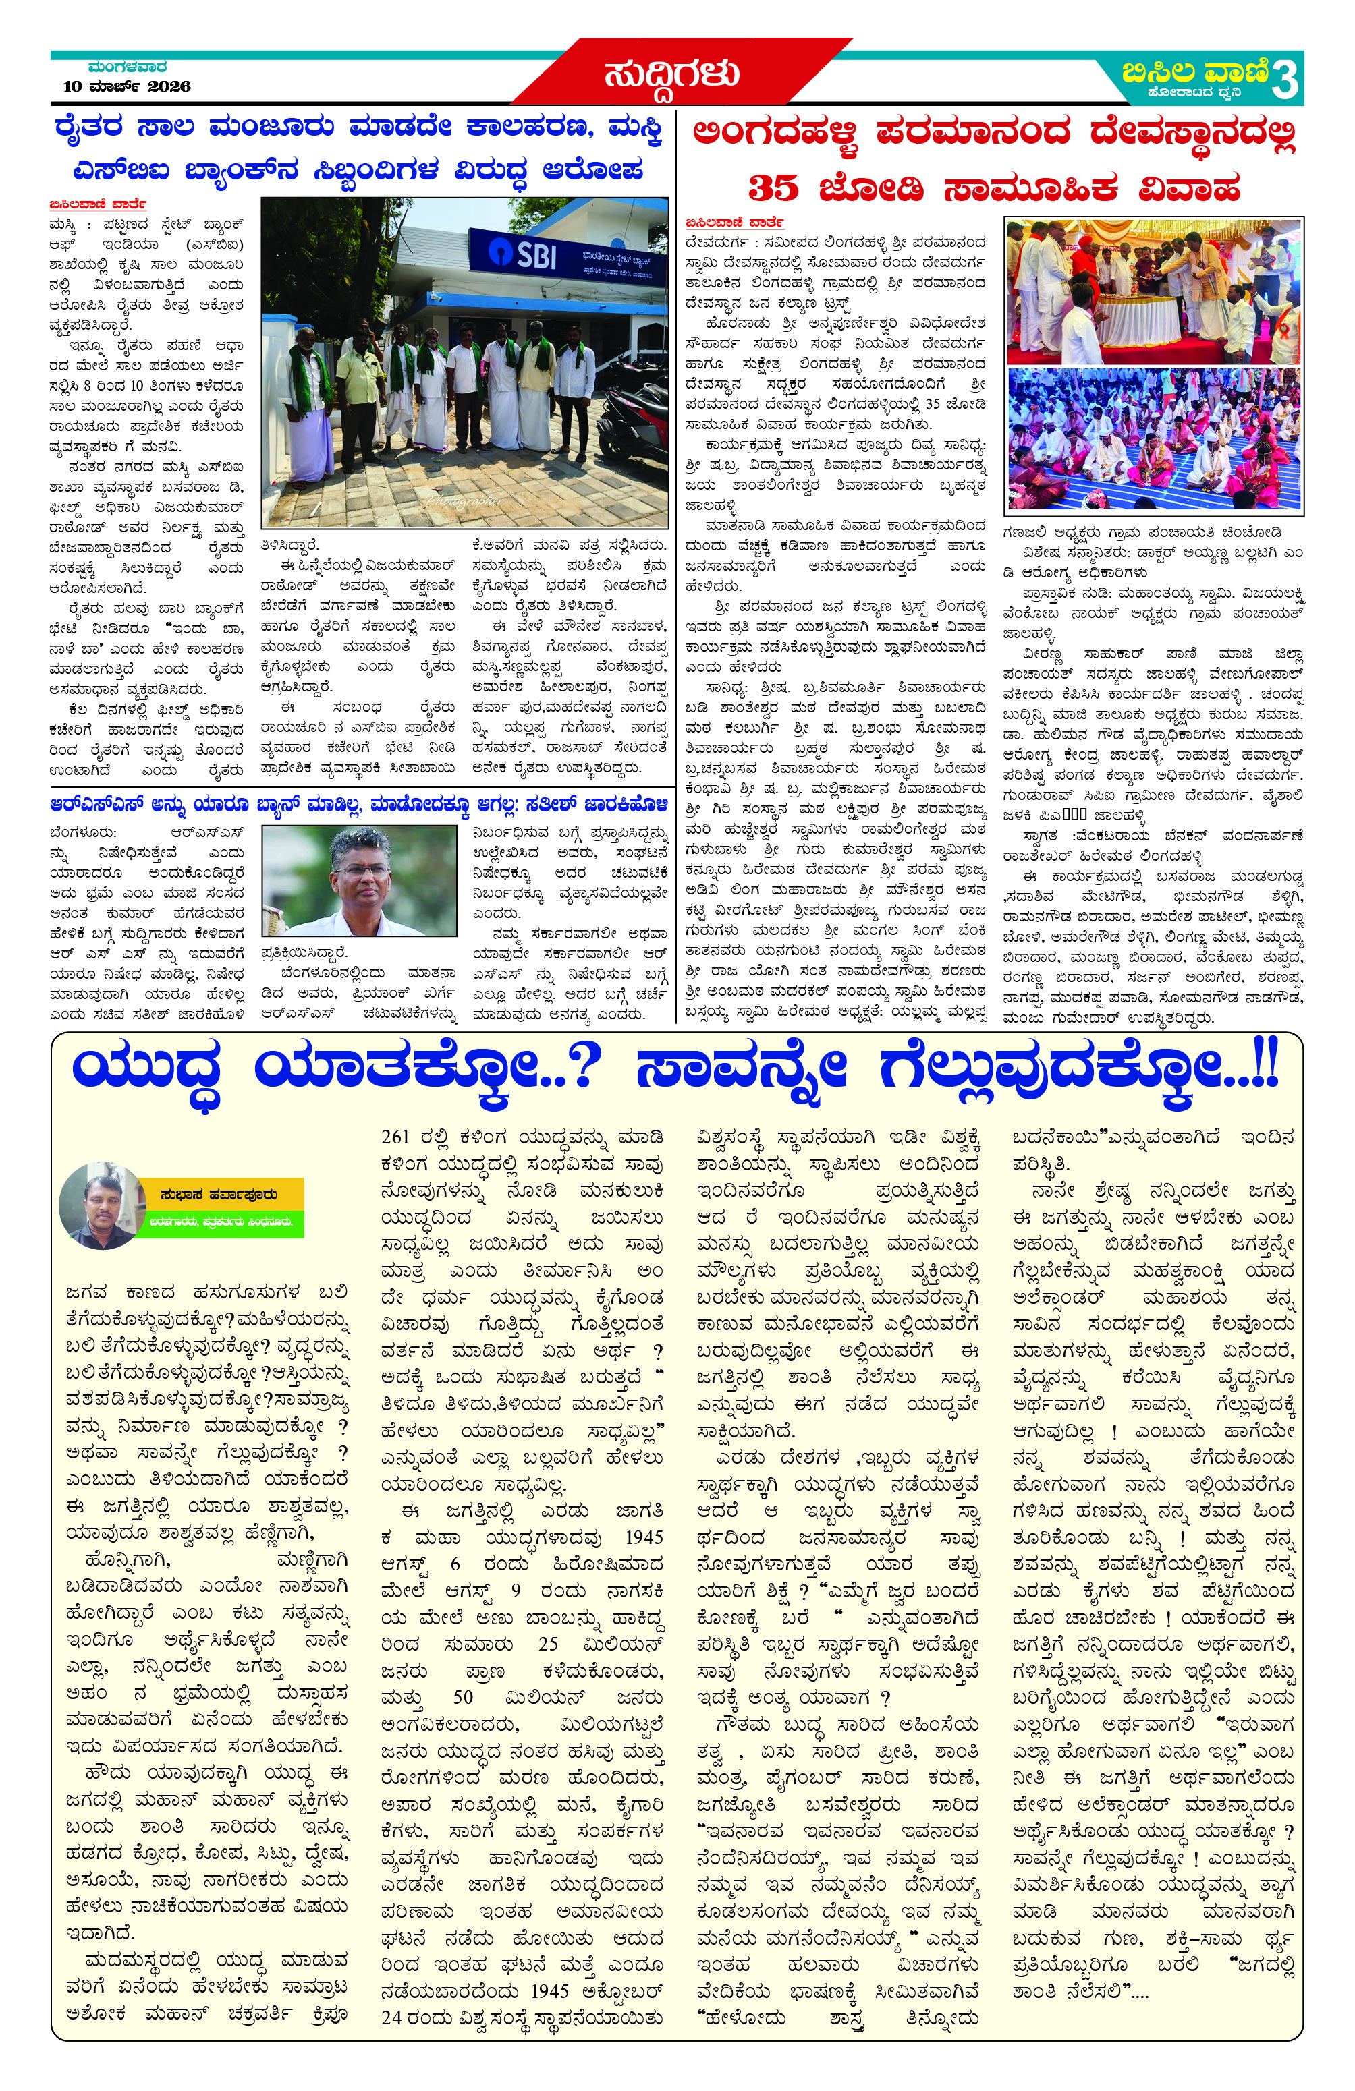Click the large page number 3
coord(1284,81)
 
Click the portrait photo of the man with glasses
coord(360,880)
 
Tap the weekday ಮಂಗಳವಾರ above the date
coord(128,67)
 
